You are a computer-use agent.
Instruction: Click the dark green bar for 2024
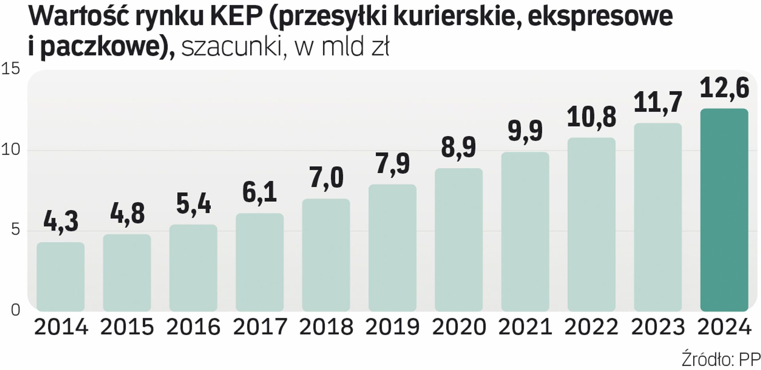tap(724, 210)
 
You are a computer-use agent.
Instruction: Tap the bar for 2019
tap(392, 248)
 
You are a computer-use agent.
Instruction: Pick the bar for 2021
tap(525, 232)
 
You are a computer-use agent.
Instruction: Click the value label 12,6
tap(724, 88)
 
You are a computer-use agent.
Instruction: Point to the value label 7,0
tap(326, 178)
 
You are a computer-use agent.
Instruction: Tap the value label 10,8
tap(591, 117)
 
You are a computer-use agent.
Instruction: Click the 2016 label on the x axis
tap(193, 327)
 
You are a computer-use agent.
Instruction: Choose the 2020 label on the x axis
tap(459, 327)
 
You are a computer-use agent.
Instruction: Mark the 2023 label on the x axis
tap(658, 327)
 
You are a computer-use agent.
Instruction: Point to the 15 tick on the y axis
tap(11, 69)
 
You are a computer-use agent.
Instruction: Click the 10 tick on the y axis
tap(11, 150)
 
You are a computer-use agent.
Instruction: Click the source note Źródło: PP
tap(721, 360)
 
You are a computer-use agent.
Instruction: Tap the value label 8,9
tap(459, 147)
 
